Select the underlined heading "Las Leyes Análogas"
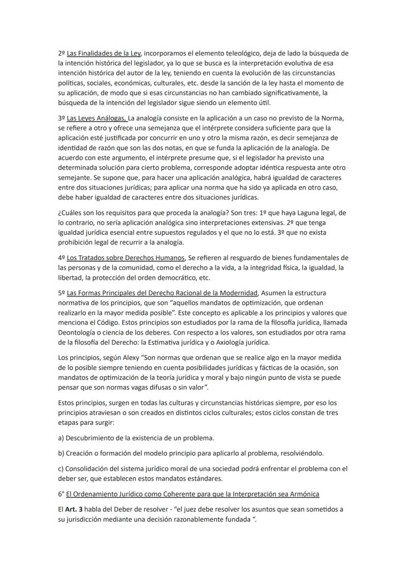click(x=96, y=118)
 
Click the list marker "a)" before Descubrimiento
click(x=61, y=438)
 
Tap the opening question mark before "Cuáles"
click(x=59, y=214)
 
